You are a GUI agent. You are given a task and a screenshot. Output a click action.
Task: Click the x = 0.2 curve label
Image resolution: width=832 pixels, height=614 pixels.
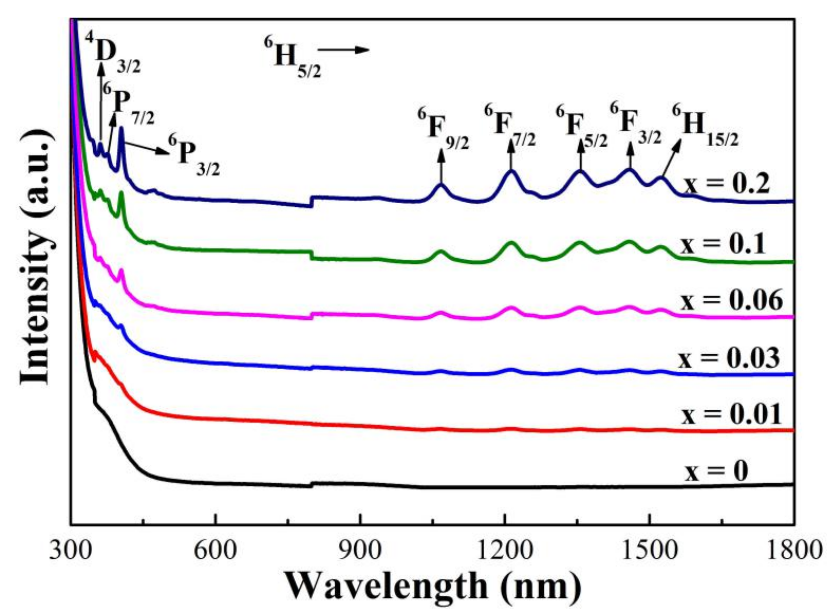727,185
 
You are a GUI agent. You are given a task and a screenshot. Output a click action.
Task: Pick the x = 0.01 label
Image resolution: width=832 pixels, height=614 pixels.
731,415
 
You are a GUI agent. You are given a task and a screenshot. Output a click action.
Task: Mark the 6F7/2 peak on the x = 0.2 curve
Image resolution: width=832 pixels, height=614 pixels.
512,171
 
